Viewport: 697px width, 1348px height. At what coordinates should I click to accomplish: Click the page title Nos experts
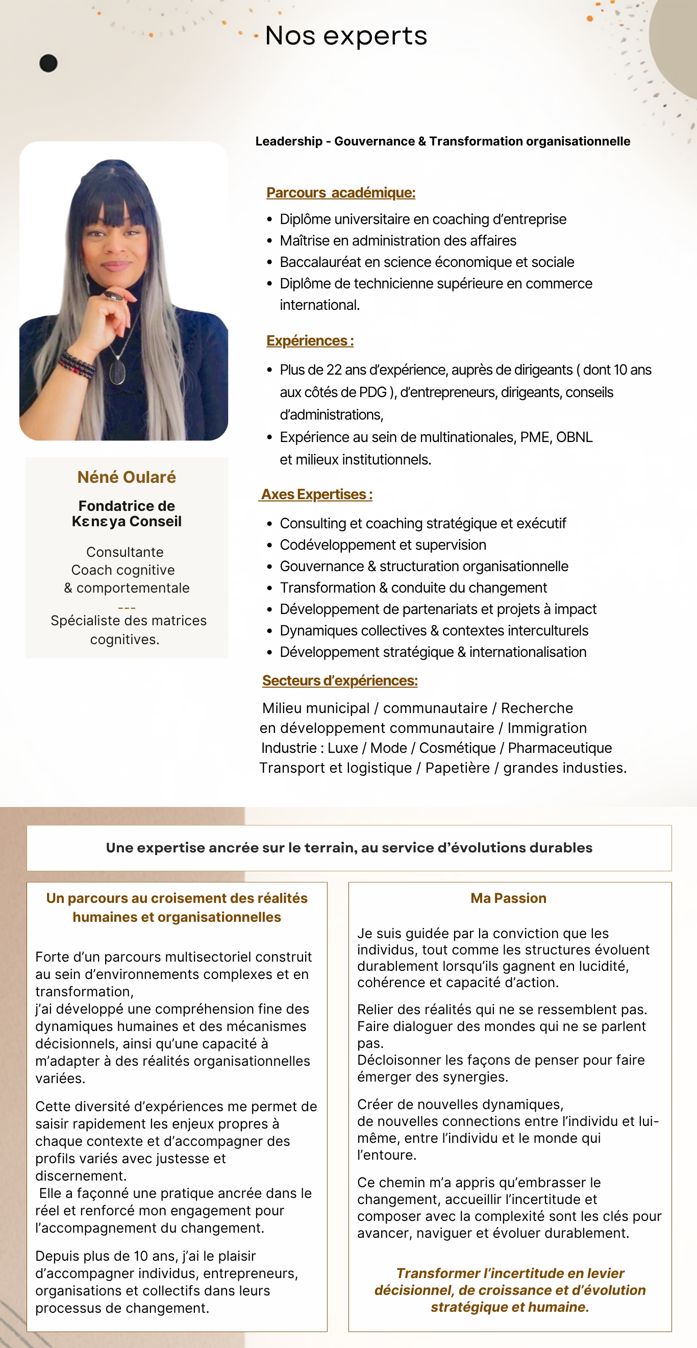(346, 36)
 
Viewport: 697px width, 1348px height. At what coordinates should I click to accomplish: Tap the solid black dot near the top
(48, 63)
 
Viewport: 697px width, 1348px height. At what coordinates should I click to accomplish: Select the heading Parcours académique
(341, 192)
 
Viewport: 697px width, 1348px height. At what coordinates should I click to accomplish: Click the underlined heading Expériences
(310, 340)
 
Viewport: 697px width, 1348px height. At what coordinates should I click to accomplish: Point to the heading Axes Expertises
(316, 494)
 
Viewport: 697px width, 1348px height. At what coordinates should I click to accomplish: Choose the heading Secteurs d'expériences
(340, 680)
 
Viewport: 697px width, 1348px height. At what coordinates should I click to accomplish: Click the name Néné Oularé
(127, 477)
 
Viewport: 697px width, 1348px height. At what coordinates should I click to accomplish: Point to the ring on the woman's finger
(112, 296)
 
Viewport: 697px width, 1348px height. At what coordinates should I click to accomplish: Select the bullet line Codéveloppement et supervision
(383, 545)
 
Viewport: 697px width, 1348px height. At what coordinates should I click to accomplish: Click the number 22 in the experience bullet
(334, 370)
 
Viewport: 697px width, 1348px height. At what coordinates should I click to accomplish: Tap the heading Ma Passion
(508, 898)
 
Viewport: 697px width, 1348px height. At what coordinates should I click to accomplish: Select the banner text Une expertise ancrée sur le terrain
(349, 848)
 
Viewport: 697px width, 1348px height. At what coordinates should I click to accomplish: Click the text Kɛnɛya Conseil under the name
(127, 521)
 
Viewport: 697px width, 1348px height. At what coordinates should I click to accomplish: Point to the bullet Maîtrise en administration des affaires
(397, 241)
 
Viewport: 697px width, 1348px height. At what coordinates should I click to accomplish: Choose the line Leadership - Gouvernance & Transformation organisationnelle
(443, 141)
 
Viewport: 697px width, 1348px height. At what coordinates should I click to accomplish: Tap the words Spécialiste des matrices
(128, 621)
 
